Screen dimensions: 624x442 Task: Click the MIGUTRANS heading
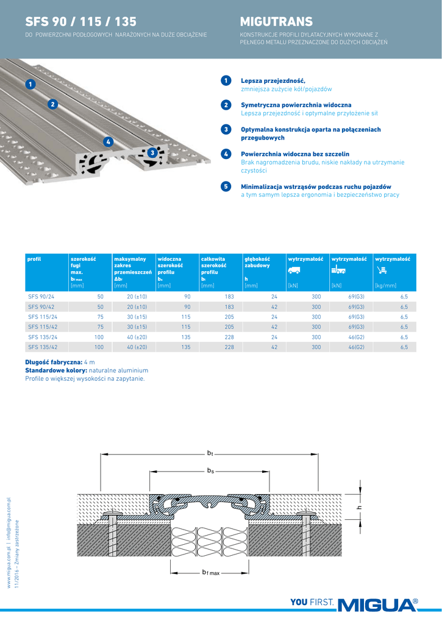coord(276,22)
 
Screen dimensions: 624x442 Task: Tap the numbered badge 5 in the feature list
coord(226,186)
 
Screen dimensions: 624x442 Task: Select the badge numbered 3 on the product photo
coord(152,152)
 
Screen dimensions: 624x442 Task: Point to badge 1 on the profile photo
coord(29,84)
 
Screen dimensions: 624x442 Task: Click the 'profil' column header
coord(34,259)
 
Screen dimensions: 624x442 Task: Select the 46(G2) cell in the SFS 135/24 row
coord(356,336)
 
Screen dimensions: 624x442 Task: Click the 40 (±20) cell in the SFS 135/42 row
coord(137,347)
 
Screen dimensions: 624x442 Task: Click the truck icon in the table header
coord(294,270)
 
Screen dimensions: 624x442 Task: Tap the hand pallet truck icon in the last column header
coord(382,270)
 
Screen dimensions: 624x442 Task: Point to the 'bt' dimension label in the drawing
coord(210,453)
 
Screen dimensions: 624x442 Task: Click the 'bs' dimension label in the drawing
coord(210,470)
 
